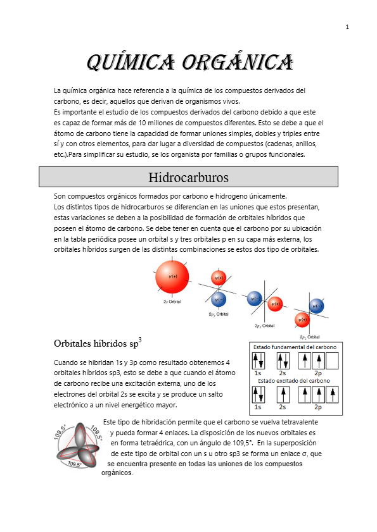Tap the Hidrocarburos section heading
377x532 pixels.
188,176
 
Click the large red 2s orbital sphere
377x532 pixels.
172,276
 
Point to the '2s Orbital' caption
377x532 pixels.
172,302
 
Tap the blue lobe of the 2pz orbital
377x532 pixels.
317,306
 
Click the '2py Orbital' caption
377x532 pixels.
218,314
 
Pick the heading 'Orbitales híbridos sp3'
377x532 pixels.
98,343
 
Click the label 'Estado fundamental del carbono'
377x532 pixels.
295,347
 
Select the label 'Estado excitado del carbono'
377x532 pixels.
294,381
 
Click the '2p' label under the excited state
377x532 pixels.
317,407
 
